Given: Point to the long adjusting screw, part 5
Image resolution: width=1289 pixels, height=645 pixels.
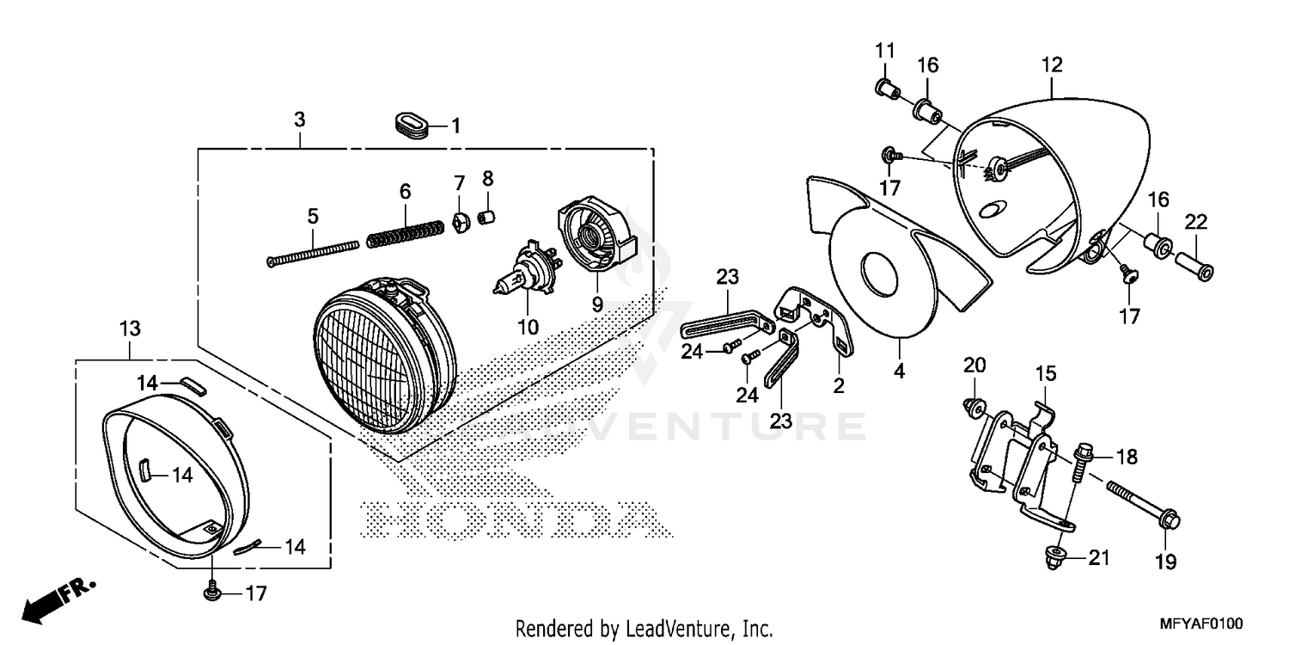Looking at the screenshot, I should pos(311,254).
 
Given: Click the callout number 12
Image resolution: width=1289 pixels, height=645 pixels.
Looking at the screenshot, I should pos(1052,64).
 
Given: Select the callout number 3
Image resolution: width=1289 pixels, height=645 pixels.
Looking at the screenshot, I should pos(298,120).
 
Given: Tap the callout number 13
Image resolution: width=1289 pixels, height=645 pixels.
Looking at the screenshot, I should pos(130,329).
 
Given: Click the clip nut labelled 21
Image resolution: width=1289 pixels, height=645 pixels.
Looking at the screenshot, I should pos(1055,557).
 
